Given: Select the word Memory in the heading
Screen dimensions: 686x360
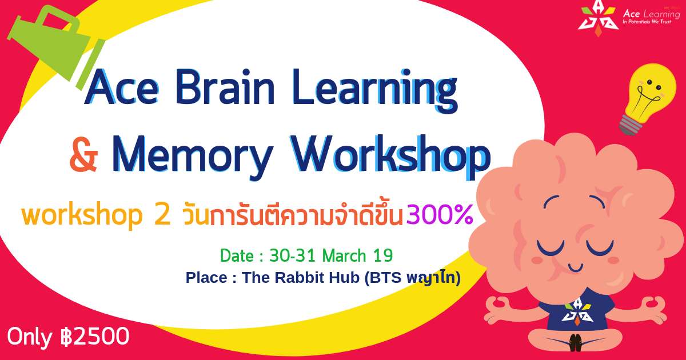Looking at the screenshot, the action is point(192,157).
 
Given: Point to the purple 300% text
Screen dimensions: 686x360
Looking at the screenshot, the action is point(440,215).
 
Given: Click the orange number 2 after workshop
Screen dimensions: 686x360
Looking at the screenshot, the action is point(162,215).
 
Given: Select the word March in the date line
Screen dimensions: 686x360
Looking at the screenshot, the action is point(345,255).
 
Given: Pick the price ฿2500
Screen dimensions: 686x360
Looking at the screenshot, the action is point(95,337).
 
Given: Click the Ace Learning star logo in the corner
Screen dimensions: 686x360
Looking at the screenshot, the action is point(598,18).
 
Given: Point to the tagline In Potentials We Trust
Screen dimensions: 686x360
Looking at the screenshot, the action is point(647,22).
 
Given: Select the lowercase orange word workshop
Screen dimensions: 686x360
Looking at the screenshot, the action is point(82,215).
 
